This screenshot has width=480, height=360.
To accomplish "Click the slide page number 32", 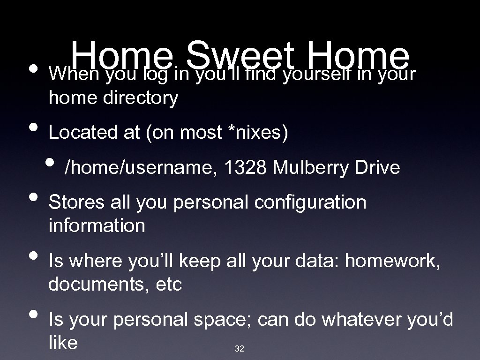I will pyautogui.click(x=239, y=349).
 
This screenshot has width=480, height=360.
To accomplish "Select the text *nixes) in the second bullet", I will pyautogui.click(x=257, y=133).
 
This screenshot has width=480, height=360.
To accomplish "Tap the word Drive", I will pyautogui.click(x=378, y=167).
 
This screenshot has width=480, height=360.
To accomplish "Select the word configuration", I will pyautogui.click(x=310, y=202).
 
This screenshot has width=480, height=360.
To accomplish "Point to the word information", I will pyautogui.click(x=97, y=226).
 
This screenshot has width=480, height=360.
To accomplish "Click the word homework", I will pyautogui.click(x=392, y=261).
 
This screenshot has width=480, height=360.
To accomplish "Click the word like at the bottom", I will pyautogui.click(x=63, y=343).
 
